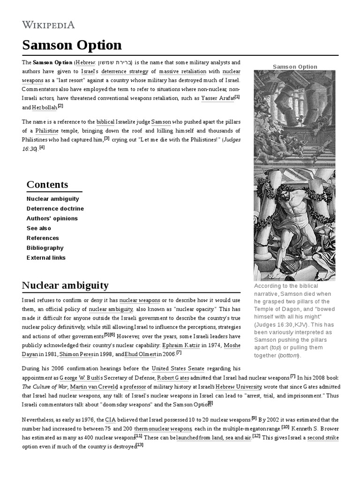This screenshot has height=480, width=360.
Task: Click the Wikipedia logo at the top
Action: click(48, 25)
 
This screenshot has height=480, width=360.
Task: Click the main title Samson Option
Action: click(72, 45)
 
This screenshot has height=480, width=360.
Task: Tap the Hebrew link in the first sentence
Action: click(85, 62)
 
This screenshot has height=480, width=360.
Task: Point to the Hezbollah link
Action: click(44, 107)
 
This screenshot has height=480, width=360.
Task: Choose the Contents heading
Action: click(47, 184)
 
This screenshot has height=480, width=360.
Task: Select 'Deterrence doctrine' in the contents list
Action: click(55, 209)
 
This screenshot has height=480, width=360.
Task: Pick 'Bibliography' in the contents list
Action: click(45, 247)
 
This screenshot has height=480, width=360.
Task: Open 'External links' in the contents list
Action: click(46, 257)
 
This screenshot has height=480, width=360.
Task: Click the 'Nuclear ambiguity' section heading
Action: click(65, 285)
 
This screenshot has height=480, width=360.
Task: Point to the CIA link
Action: click(110, 419)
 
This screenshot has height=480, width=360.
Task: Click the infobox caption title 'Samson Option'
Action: click(295, 67)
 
